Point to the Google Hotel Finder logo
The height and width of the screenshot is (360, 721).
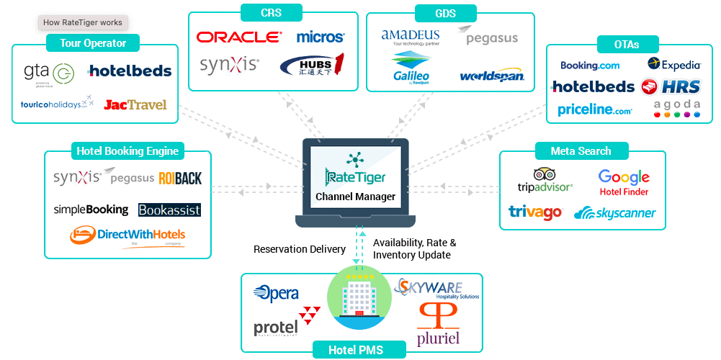[624, 182]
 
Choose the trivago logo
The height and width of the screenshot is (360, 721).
[535, 212]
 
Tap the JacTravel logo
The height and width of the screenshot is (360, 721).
[135, 104]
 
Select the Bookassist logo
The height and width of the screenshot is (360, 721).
[169, 210]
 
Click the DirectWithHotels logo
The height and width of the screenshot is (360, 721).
[127, 235]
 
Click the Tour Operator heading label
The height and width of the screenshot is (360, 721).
[93, 43]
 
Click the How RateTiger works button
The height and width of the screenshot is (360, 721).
[83, 22]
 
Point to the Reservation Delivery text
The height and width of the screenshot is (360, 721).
[300, 250]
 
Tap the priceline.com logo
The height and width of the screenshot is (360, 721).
[595, 109]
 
